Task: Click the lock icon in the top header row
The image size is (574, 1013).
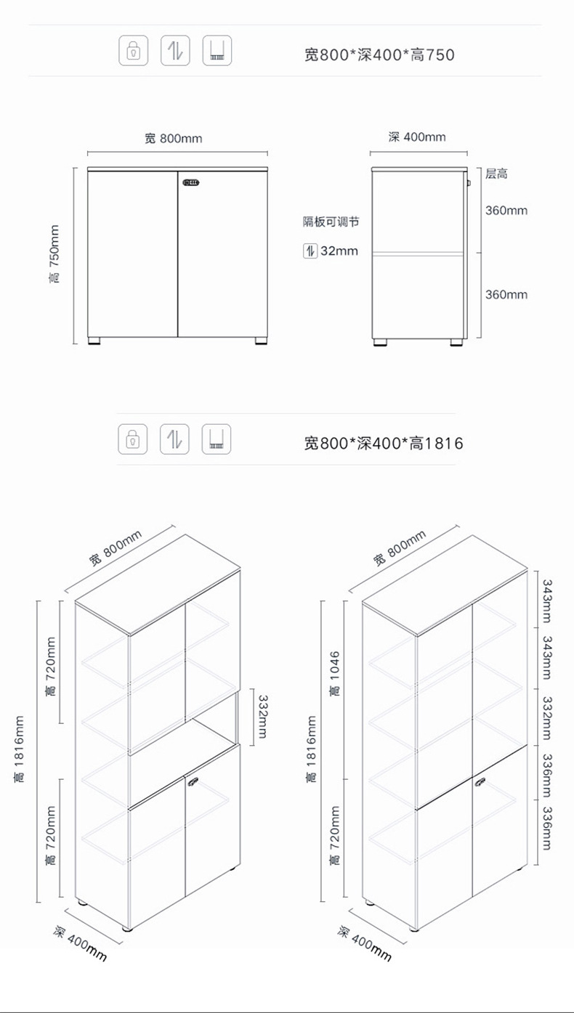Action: click(x=134, y=51)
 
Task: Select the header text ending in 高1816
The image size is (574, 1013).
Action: click(x=382, y=442)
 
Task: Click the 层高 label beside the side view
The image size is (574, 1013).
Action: click(x=496, y=173)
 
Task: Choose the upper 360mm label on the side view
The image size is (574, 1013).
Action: click(x=506, y=211)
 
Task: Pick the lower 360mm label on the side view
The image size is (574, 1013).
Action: click(x=506, y=294)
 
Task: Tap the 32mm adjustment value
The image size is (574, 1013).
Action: click(x=339, y=251)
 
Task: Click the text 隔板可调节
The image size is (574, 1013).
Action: click(x=331, y=222)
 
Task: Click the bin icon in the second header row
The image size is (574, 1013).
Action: click(x=217, y=439)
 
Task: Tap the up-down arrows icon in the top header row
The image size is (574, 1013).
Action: click(x=175, y=51)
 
